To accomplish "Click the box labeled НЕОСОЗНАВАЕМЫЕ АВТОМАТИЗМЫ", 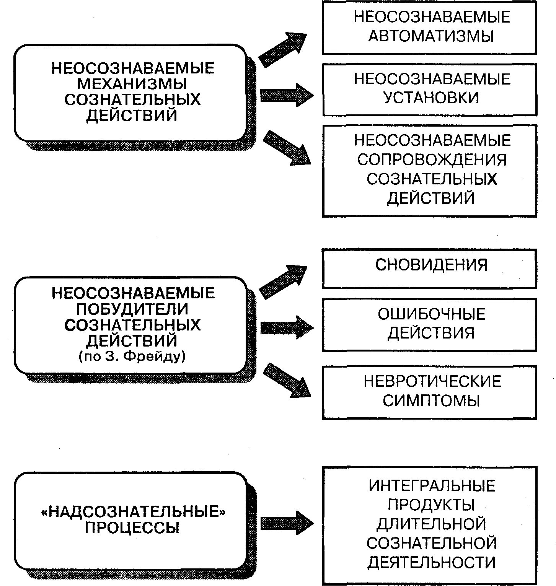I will [429, 27].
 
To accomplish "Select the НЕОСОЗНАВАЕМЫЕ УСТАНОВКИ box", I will [429, 90].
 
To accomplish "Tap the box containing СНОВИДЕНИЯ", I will [429, 268].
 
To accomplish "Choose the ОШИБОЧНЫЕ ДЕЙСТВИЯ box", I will [429, 324].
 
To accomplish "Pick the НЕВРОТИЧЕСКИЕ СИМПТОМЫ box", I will [429, 392].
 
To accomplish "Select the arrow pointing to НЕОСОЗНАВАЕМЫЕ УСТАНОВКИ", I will [286, 94].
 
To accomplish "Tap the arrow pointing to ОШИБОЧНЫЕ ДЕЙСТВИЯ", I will [286, 327].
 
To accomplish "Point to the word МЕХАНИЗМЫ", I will [132, 84].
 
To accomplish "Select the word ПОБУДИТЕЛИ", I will [132, 309].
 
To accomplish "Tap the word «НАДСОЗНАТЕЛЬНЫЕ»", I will [132, 512].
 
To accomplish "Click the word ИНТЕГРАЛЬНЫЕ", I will [432, 486].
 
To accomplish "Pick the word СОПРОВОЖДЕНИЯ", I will [432, 160].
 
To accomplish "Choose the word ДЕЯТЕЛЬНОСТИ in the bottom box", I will [432, 563].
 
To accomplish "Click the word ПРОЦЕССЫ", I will [132, 528].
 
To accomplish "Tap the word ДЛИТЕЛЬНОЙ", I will [432, 524].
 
